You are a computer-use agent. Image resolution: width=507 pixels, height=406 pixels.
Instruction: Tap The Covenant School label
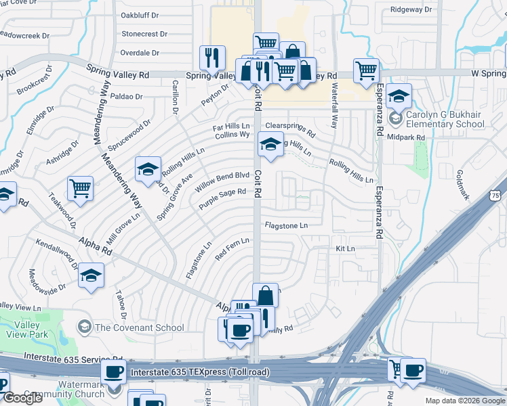[x=140, y=328]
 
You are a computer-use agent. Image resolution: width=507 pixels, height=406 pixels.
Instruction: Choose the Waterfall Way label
[x=334, y=105]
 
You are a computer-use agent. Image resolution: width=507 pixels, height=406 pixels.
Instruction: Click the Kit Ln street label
[x=346, y=249]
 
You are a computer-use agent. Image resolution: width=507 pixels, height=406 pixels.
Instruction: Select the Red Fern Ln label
[x=232, y=249]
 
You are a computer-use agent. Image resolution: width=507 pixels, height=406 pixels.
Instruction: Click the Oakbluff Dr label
[x=140, y=14]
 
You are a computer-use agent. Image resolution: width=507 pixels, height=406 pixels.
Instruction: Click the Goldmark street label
[x=463, y=184]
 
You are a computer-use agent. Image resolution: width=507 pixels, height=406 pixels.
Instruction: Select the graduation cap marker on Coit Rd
[x=270, y=144]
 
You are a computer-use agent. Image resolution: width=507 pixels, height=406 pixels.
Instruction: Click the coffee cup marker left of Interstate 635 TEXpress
[x=114, y=372]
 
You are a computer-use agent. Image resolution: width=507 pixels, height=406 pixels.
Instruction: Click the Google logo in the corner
[x=23, y=398]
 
